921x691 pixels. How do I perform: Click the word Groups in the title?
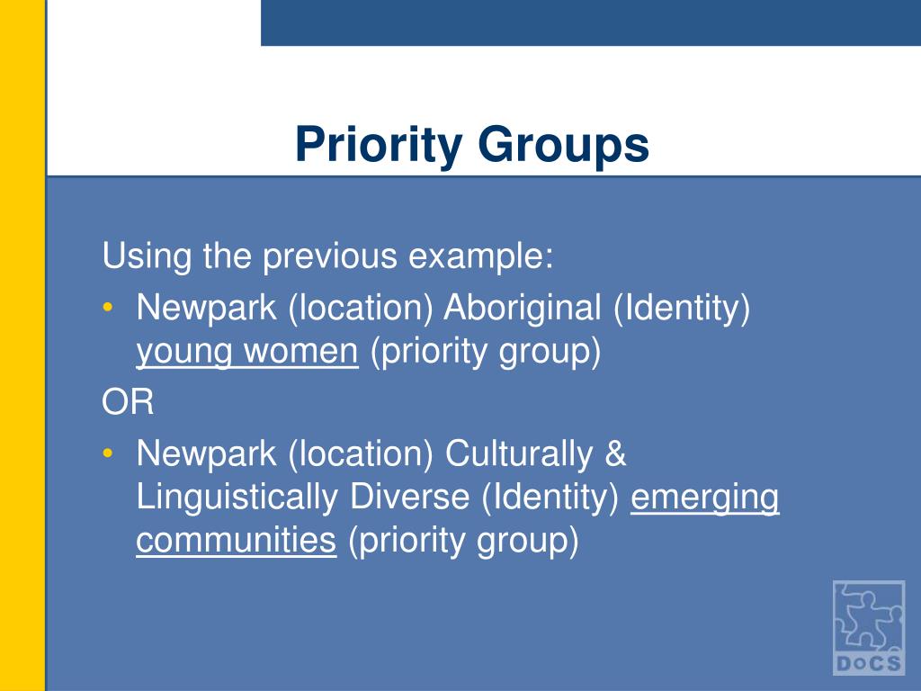click(x=563, y=146)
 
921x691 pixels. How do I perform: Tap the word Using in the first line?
click(x=147, y=257)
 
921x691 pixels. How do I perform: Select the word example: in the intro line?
click(x=482, y=257)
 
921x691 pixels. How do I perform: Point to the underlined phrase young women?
click(x=247, y=352)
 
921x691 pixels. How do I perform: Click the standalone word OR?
click(x=128, y=403)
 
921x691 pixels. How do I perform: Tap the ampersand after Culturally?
click(x=615, y=453)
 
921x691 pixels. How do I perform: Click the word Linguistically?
click(x=238, y=497)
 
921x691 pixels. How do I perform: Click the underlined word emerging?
click(x=705, y=498)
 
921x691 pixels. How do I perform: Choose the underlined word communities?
click(x=237, y=540)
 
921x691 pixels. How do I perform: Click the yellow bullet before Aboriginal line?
click(x=109, y=309)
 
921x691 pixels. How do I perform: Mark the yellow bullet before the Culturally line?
click(x=109, y=453)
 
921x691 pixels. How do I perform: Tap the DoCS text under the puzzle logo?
click(x=868, y=664)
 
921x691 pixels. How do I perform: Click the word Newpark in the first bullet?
click(x=208, y=309)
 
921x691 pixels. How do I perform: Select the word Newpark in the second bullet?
click(x=208, y=453)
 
